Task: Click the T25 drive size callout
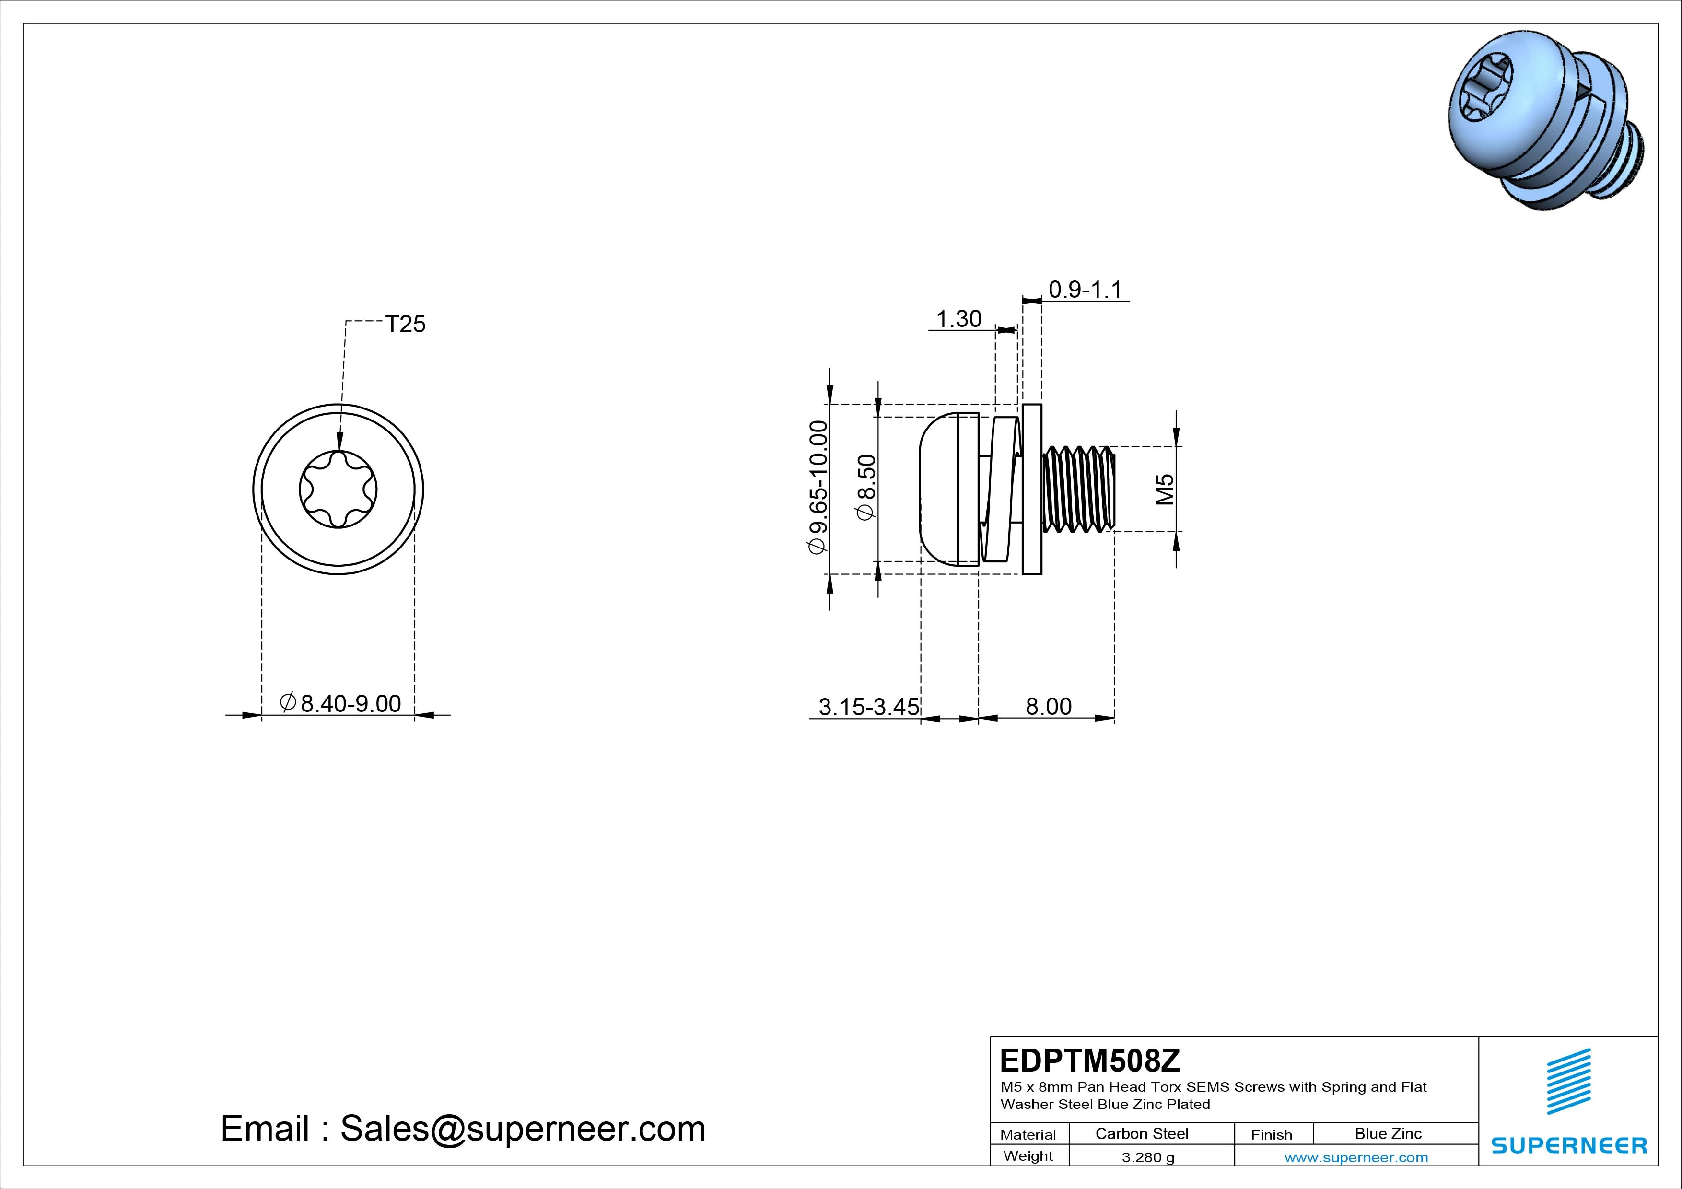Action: click(x=405, y=324)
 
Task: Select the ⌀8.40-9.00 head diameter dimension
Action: click(x=340, y=703)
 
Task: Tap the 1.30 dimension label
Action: click(x=959, y=319)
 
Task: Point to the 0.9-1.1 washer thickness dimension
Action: click(x=1085, y=290)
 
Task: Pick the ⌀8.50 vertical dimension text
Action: click(x=866, y=487)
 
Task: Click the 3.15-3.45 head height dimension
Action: click(x=869, y=707)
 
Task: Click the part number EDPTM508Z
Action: click(x=1090, y=1060)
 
